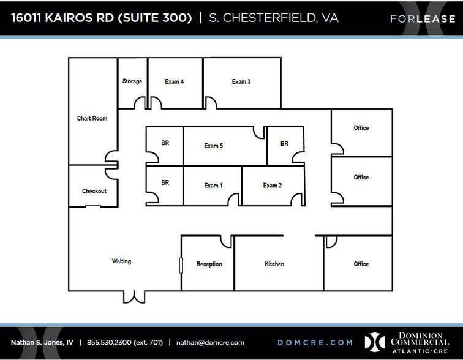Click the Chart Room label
click(x=92, y=118)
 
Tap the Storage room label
click(x=132, y=81)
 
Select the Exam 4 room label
click(x=175, y=81)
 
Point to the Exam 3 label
click(x=241, y=81)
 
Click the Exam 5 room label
click(x=213, y=146)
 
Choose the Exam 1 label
click(x=213, y=186)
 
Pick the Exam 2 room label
click(x=273, y=186)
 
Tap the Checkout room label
click(x=94, y=191)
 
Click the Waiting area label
click(x=121, y=261)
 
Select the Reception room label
click(x=209, y=264)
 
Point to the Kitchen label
click(x=274, y=264)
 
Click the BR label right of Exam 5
click(x=284, y=144)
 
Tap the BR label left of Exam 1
click(x=165, y=182)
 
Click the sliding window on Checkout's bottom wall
click(x=93, y=207)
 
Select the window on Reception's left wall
click(x=181, y=265)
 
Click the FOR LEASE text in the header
click(x=415, y=19)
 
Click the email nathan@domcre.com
click(x=210, y=342)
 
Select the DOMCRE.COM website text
click(x=315, y=342)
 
